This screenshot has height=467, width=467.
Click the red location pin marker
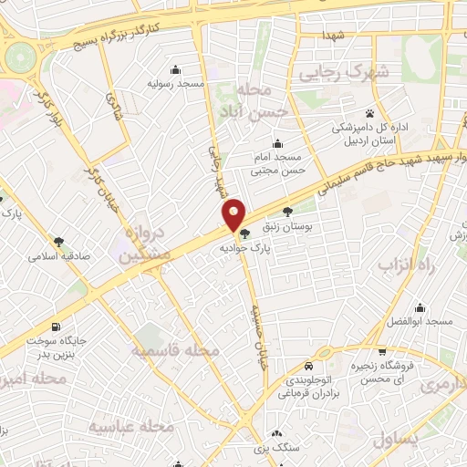(234, 215)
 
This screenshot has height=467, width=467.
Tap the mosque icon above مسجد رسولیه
(175, 70)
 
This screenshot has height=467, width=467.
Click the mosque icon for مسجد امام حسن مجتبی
(277, 144)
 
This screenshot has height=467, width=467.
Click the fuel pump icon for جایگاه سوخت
(57, 327)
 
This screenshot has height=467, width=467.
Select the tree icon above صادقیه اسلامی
(59, 243)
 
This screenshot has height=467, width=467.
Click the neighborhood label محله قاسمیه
(175, 350)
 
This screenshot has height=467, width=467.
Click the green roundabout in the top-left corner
(16, 58)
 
